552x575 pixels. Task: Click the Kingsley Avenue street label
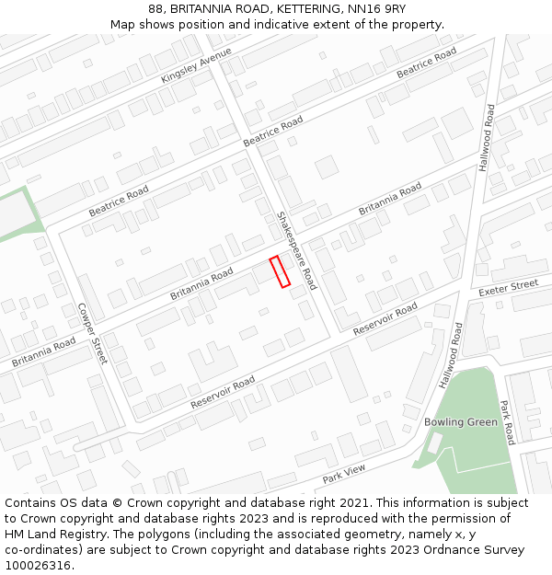(x=196, y=65)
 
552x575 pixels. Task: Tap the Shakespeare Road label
(x=296, y=250)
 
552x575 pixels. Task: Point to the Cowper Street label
(x=93, y=333)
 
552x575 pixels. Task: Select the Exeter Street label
(x=509, y=288)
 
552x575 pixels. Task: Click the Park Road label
(x=506, y=422)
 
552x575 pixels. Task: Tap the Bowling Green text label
(x=461, y=422)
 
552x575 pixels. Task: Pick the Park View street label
(x=344, y=474)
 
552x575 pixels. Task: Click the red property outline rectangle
(x=280, y=271)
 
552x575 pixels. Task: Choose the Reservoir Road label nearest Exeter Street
(x=385, y=317)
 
